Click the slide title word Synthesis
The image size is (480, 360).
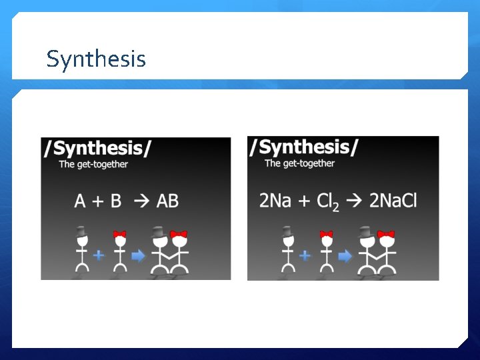[96, 59]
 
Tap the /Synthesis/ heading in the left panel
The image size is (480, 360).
[97, 148]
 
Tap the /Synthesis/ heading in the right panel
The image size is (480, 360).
[303, 147]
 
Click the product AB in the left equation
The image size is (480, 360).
[167, 200]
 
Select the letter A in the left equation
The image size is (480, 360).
[81, 200]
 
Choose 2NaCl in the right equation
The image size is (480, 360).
[393, 200]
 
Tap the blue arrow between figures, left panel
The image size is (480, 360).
[139, 255]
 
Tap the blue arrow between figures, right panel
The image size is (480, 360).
[345, 255]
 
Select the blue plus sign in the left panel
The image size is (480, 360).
[99, 254]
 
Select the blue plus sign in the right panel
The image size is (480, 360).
[305, 254]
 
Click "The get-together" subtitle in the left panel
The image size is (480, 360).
[93, 164]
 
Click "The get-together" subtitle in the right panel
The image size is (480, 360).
[299, 163]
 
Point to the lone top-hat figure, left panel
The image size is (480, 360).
[82, 252]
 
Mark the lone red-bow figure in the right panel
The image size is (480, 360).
[326, 252]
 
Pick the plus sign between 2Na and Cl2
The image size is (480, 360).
[303, 201]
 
